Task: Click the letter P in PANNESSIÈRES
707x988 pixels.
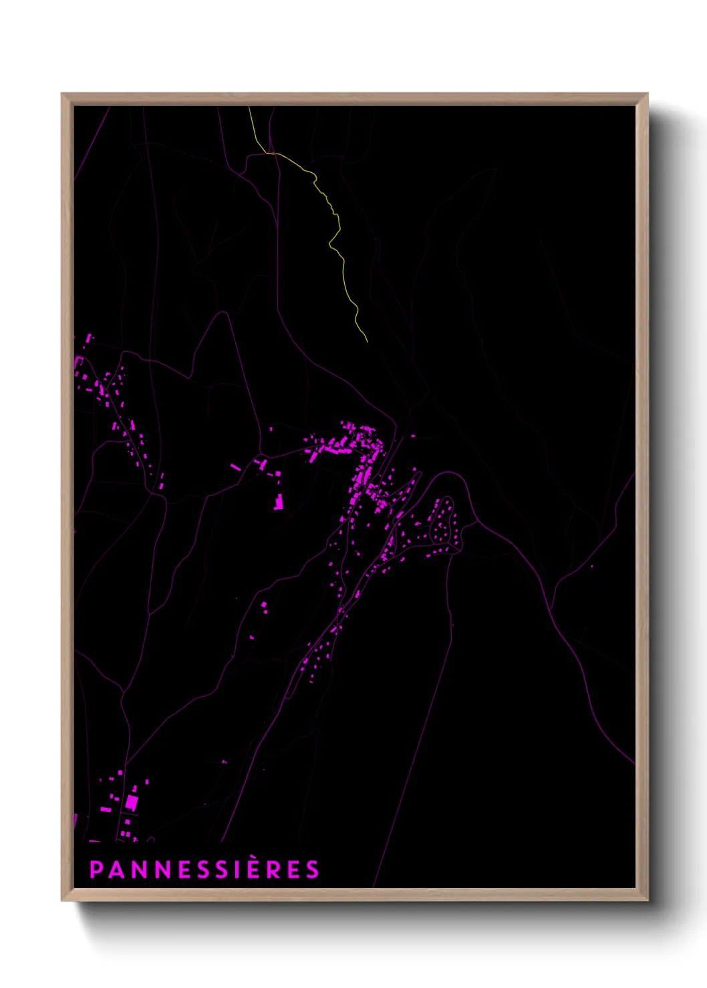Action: click(x=96, y=869)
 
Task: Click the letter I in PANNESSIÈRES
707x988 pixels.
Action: click(x=240, y=869)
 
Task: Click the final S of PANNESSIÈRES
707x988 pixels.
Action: click(x=312, y=869)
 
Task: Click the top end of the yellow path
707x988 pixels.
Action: click(x=249, y=107)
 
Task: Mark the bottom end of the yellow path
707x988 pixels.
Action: click(x=367, y=342)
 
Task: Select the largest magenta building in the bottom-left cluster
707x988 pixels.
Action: click(x=132, y=802)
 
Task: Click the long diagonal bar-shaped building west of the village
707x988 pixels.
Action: click(x=235, y=467)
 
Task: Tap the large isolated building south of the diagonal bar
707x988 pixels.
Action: click(x=279, y=502)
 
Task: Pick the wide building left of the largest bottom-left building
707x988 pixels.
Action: click(x=106, y=810)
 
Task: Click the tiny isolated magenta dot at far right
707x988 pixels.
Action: click(x=591, y=566)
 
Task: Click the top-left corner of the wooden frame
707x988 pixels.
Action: click(x=62, y=94)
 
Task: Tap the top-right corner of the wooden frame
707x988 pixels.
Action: click(x=648, y=94)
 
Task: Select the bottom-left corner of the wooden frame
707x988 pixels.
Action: click(x=62, y=900)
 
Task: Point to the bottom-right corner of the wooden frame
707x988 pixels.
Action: click(x=648, y=900)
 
